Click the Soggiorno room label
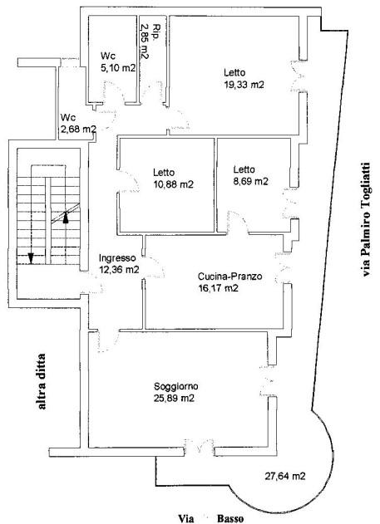pos(176,387)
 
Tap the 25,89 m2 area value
pos(174,399)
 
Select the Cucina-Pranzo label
pos(229,277)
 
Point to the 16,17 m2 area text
pos(218,288)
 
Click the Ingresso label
pos(117,258)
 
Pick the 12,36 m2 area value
pos(119,269)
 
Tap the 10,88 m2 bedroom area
pos(173,184)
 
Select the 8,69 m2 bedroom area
pos(251,182)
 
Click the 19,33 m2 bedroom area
pos(244,84)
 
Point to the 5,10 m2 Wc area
pos(118,68)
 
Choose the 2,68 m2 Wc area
pos(79,129)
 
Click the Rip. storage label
pos(155,32)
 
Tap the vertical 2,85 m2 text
pos(145,41)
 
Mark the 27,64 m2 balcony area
pos(285,476)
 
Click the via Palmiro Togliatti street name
pos(367,219)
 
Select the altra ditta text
pos(42,381)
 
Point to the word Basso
pos(230,519)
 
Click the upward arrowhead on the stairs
pos(66,218)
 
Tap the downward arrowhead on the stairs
pos(31,258)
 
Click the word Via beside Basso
pos(186,519)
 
